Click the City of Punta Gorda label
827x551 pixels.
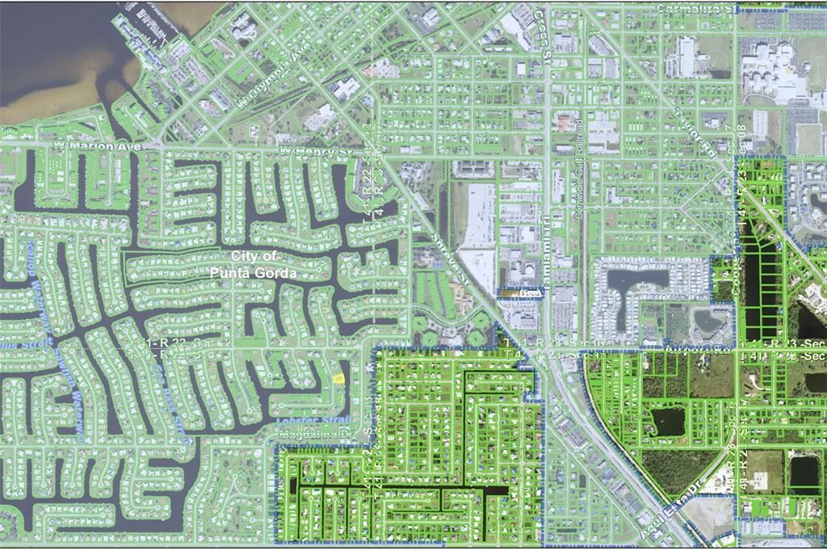point(253,264)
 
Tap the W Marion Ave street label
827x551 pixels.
point(97,146)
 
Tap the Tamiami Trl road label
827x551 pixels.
point(547,234)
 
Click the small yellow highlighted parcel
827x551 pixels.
point(338,377)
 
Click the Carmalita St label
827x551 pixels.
point(699,8)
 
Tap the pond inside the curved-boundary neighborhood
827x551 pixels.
point(667,421)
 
